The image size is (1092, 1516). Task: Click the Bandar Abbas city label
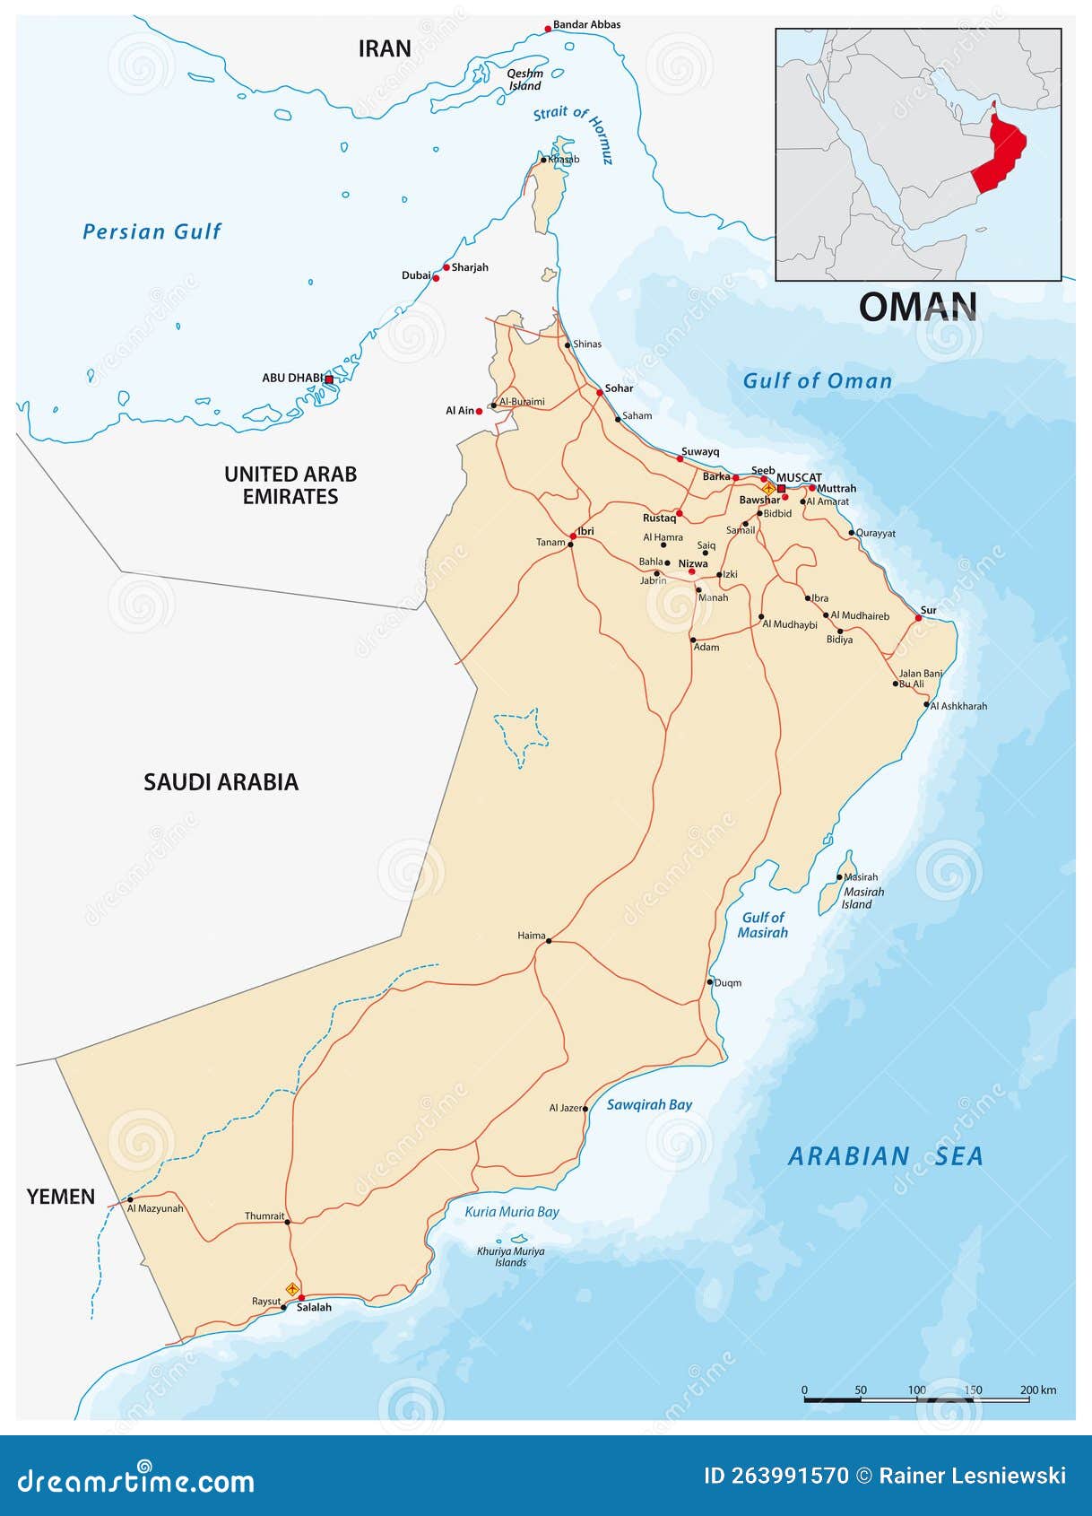pos(586,24)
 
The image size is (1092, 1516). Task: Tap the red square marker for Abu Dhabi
pos(329,379)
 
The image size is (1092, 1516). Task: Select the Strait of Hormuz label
pos(574,133)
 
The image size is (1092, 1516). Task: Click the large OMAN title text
pos(918,308)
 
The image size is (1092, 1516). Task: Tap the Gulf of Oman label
pos(818,381)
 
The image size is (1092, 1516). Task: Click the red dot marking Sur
pos(918,618)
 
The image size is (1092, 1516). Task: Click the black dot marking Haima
pos(549,941)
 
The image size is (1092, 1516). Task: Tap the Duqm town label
pos(728,982)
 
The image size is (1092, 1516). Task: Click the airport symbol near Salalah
pos(292,1289)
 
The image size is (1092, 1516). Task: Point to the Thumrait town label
pos(264,1216)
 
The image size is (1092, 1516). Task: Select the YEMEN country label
pos(61,1197)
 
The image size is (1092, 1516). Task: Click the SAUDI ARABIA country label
pos(221,782)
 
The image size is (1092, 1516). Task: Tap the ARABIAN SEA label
pos(885,1156)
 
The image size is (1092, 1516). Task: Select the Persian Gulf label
pos(152,231)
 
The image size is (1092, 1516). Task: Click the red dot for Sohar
pos(600,392)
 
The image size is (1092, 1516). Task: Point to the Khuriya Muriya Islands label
pos(511,1256)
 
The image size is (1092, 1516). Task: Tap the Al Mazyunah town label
pos(155,1208)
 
